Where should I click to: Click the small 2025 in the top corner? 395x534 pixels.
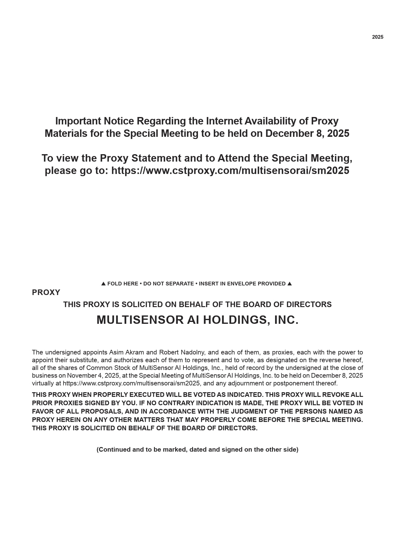coord(377,37)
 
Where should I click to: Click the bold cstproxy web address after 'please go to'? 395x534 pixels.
coord(230,171)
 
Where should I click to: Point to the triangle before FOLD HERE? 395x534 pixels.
coord(103,284)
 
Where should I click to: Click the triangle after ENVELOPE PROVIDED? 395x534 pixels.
coord(290,284)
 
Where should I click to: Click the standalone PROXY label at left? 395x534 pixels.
coord(46,293)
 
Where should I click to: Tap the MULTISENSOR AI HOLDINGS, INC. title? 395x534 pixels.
coord(197,320)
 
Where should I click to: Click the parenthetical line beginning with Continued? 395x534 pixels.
coord(197,449)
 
